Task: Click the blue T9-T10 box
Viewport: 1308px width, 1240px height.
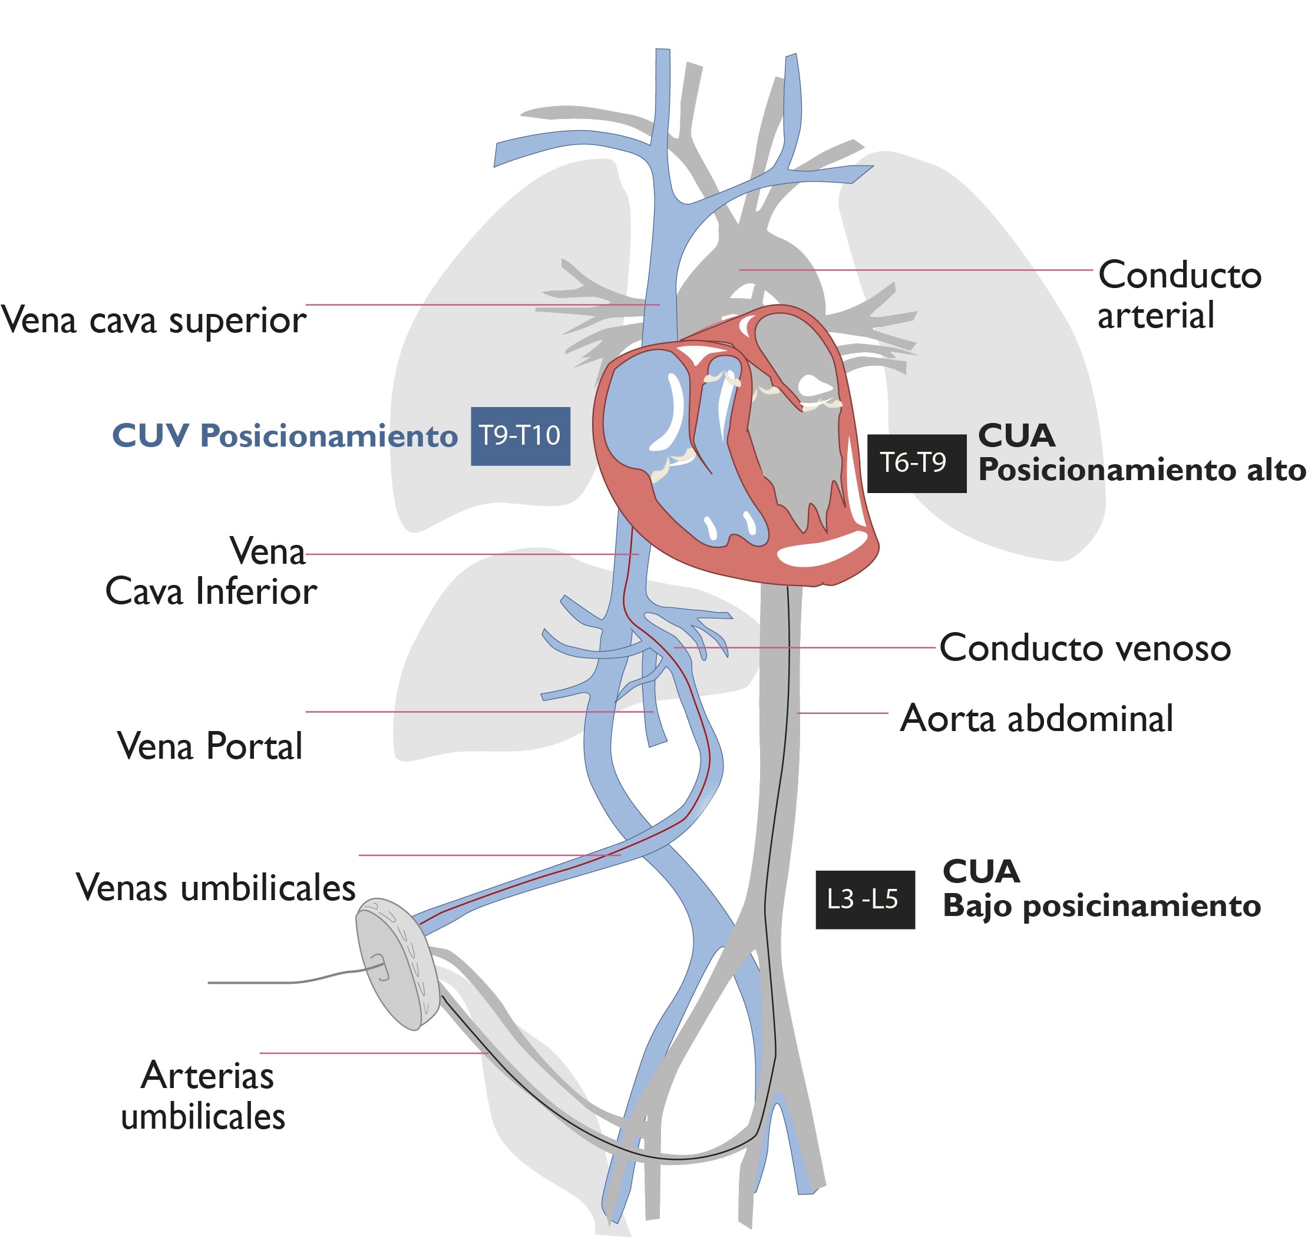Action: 520,437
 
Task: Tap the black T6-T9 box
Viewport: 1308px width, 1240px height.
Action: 916,464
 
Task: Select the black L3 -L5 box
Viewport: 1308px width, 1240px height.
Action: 864,900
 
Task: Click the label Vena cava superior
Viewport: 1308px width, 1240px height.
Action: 153,320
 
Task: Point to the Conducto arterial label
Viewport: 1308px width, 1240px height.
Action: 1178,295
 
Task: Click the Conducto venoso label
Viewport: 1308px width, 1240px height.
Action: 1085,648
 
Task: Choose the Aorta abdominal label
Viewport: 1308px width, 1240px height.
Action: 1036,719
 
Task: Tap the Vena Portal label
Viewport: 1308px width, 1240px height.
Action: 210,746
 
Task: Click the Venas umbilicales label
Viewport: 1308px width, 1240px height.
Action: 216,888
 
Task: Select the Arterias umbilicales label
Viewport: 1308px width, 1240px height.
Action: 204,1096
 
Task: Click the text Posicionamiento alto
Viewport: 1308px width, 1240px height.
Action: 1141,470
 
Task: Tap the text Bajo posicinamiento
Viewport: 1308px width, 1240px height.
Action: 1101,905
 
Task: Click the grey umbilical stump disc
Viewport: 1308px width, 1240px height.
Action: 395,963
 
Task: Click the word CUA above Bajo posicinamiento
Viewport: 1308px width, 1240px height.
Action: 981,872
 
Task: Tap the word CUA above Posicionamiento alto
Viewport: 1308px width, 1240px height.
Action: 1016,435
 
